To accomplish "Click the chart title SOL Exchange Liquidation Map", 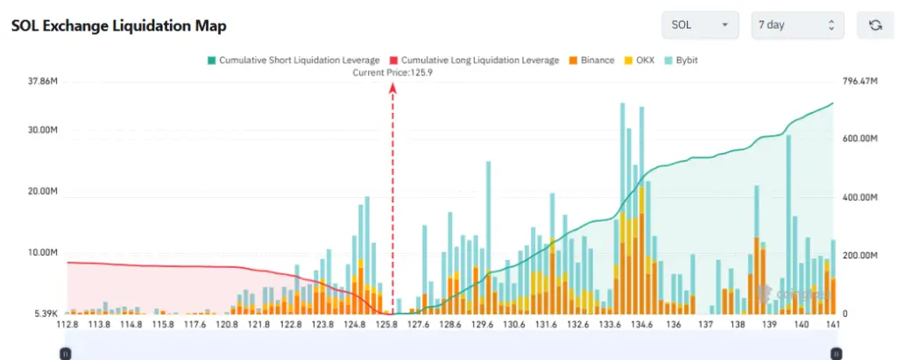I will tap(118, 25).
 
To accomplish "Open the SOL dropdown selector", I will tap(700, 25).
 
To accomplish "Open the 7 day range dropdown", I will tap(797, 25).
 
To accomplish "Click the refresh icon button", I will tap(874, 25).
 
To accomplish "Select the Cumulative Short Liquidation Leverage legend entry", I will tap(293, 60).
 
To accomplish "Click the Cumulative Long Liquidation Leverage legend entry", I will tap(473, 60).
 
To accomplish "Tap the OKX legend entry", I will tap(639, 60).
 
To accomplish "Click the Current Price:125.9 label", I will tap(392, 73).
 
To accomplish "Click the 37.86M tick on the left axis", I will tap(44, 81).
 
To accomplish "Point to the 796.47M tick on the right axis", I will tap(859, 81).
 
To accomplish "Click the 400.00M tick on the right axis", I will tap(859, 198).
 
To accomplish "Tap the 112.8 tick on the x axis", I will tap(67, 325).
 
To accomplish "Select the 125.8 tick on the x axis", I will tap(386, 325).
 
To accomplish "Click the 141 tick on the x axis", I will tap(833, 325).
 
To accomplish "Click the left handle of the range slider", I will tap(65, 353).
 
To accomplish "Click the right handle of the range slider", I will tap(836, 353).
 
